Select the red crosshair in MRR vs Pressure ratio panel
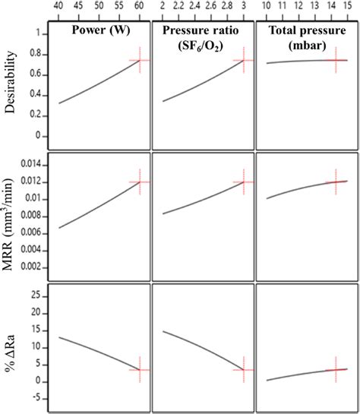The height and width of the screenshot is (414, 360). click(244, 182)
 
